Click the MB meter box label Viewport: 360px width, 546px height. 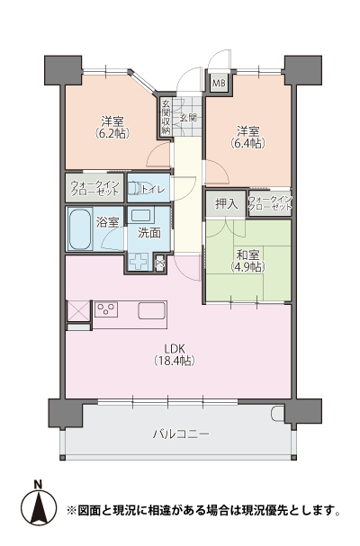[220, 84]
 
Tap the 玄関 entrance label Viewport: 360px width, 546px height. [188, 117]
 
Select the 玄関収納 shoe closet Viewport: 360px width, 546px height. [166, 117]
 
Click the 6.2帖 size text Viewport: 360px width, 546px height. [112, 133]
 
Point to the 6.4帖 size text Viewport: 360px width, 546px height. [247, 143]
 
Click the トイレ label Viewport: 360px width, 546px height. [153, 189]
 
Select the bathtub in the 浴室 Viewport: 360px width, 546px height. [80, 228]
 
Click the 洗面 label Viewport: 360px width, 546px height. [149, 233]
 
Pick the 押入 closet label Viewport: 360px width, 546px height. [227, 203]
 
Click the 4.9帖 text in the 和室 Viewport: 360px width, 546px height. [247, 267]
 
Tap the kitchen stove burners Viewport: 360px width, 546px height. [106, 309]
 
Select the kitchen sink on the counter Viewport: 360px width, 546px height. [152, 310]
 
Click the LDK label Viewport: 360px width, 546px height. [175, 348]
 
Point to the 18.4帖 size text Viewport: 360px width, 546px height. [175, 361]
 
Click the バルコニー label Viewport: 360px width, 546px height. [182, 434]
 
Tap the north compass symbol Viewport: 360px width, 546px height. [39, 509]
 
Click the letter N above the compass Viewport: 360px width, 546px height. [38, 484]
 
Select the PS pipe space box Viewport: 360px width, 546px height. [160, 262]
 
